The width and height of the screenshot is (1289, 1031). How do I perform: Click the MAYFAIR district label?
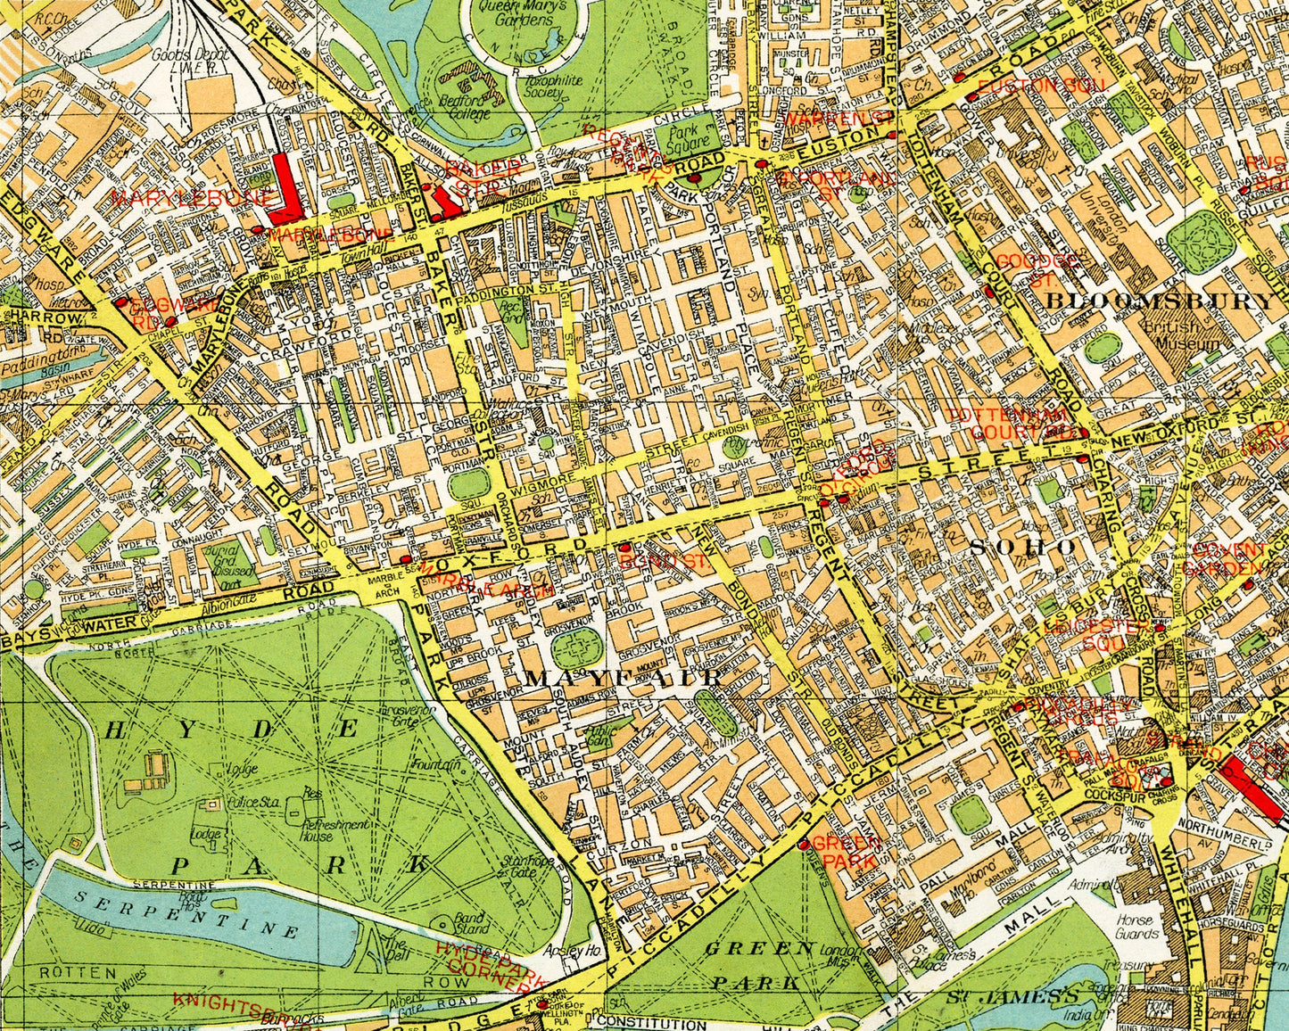[x=622, y=679]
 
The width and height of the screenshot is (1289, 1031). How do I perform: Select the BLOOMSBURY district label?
[x=1159, y=301]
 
